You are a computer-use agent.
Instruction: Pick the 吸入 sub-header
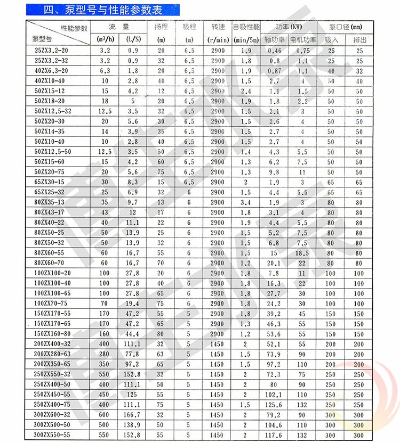pos(332,39)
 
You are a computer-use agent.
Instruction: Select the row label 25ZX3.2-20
pos(48,50)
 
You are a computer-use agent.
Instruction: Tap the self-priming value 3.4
pos(246,202)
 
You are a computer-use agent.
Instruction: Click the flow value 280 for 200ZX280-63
pos(104,354)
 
